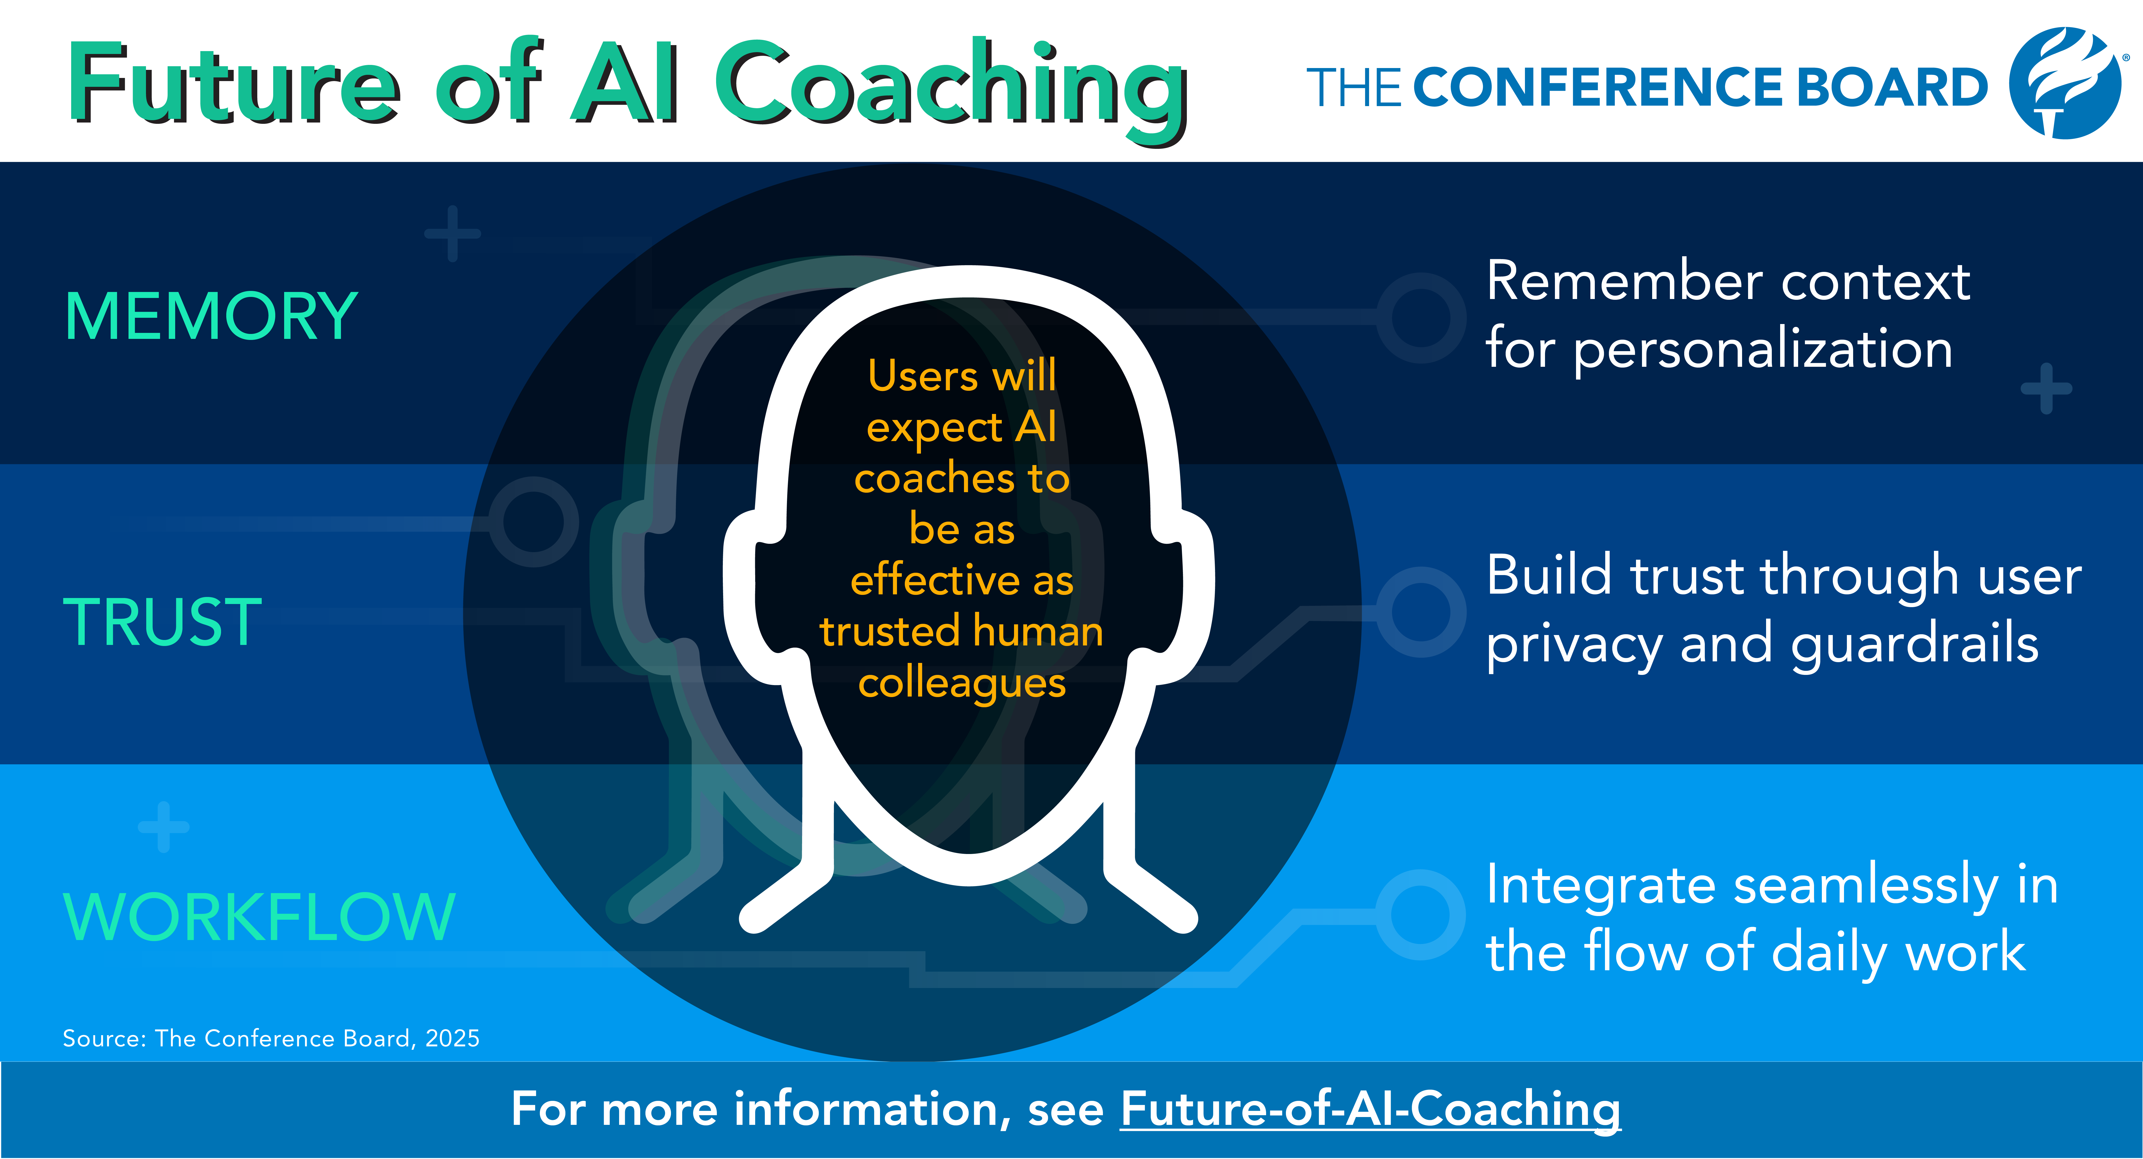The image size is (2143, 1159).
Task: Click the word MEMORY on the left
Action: (x=211, y=317)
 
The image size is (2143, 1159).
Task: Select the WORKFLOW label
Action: (x=260, y=916)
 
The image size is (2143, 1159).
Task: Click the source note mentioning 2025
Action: (x=271, y=1038)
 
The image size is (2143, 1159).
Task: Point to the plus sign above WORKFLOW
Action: (x=164, y=827)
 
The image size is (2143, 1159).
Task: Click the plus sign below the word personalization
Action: (x=2047, y=389)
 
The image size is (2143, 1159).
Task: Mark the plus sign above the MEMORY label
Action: (x=453, y=234)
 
